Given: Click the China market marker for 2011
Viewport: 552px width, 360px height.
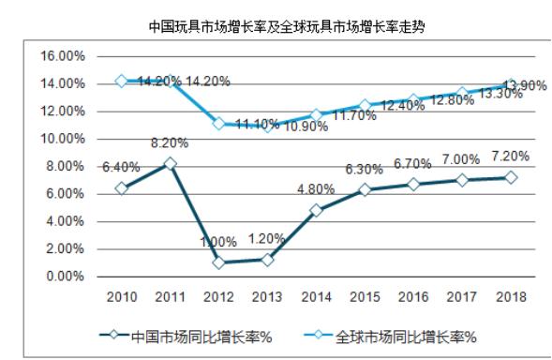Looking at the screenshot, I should tap(170, 163).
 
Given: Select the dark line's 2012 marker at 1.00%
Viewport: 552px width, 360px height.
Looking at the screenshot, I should tap(218, 262).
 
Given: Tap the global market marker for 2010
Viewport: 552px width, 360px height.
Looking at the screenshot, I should tap(121, 81).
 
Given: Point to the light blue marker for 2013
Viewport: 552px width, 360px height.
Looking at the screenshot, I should tap(267, 126).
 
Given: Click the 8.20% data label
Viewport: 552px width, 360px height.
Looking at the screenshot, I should tap(170, 145).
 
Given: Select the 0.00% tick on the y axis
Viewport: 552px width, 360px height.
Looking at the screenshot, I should tap(67, 277).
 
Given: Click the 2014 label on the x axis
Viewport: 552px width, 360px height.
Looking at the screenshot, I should tap(316, 297).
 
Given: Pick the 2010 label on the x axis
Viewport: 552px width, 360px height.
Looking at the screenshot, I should tap(121, 297).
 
